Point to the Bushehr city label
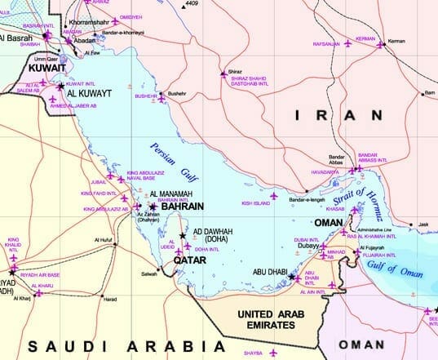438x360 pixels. click(x=178, y=94)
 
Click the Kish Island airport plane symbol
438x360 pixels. click(x=274, y=196)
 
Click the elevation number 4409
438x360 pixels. click(x=192, y=4)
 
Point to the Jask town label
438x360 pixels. click(x=423, y=223)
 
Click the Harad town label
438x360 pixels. click(x=109, y=299)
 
